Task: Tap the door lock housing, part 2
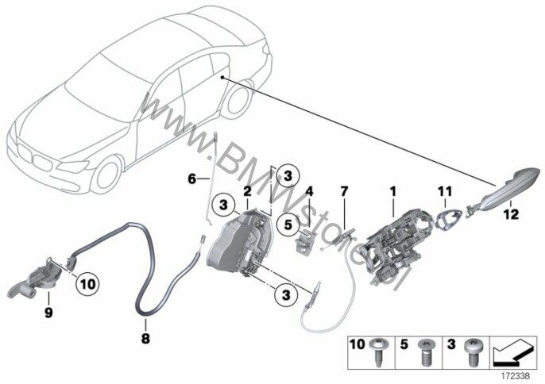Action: pos(240,242)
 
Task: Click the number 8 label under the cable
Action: pos(145,337)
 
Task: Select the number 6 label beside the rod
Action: pos(192,179)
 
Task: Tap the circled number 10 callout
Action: pos(87,284)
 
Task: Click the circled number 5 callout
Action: pos(288,225)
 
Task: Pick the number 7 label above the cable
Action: pos(344,191)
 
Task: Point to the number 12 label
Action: pos(511,214)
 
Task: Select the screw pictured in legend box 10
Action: pos(378,352)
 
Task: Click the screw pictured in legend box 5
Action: pos(427,352)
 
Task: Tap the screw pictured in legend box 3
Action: pos(473,352)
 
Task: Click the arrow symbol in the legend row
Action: pos(512,354)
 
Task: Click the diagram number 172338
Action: pos(515,375)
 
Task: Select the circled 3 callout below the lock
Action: pos(286,295)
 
